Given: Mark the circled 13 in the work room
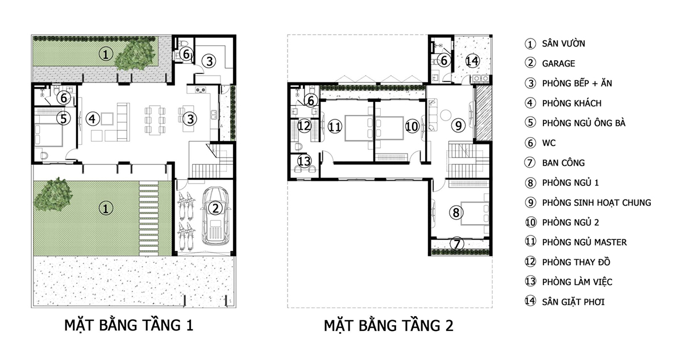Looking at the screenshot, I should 305,162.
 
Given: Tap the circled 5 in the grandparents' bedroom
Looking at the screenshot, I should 64,118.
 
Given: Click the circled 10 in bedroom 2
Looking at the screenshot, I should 412,126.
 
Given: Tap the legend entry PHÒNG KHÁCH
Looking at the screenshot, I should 563,104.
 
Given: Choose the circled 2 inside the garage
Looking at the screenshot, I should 214,208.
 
